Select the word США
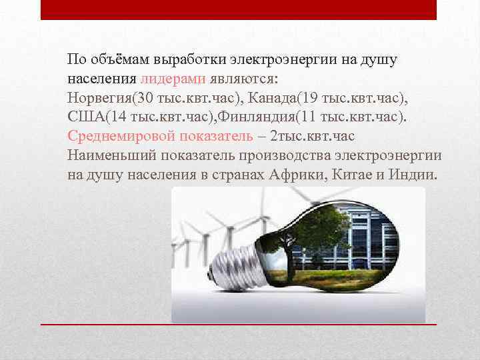click(82, 118)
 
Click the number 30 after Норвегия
click(145, 99)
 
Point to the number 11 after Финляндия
click(308, 118)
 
